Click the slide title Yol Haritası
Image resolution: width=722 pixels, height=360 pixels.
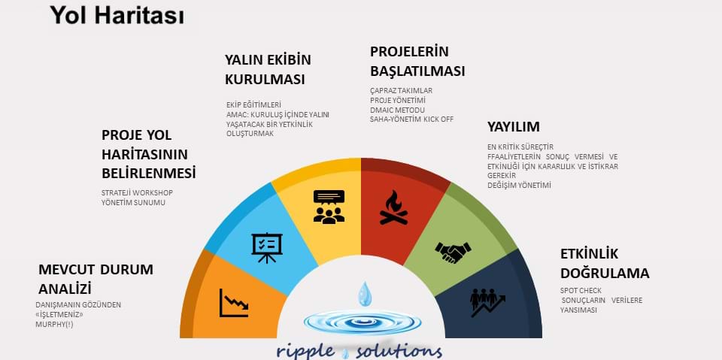pyautogui.click(x=117, y=16)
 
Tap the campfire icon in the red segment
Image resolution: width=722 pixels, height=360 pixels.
pyautogui.click(x=393, y=207)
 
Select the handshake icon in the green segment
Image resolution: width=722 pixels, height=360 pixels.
pyautogui.click(x=453, y=252)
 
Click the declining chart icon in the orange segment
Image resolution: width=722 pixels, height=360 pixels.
pyautogui.click(x=234, y=303)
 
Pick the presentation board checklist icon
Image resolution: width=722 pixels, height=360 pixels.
pyautogui.click(x=267, y=248)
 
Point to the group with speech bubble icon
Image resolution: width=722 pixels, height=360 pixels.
pyautogui.click(x=329, y=207)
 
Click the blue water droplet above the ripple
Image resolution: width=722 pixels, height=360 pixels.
pyautogui.click(x=365, y=294)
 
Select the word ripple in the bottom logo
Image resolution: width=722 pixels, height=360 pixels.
pyautogui.click(x=306, y=352)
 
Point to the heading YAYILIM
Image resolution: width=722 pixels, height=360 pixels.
pyautogui.click(x=514, y=126)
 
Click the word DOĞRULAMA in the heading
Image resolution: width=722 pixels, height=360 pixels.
pyautogui.click(x=605, y=273)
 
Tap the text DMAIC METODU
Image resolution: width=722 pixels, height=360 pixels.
pyautogui.click(x=397, y=110)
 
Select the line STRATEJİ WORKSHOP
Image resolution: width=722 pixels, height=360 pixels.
pyautogui.click(x=137, y=193)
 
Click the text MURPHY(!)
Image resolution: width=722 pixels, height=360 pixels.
pyautogui.click(x=54, y=324)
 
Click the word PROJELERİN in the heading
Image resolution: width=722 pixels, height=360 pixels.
pyautogui.click(x=409, y=52)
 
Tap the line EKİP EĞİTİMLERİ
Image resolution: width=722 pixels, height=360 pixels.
pyautogui.click(x=253, y=105)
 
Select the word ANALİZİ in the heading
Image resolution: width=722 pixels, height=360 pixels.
pyautogui.click(x=65, y=289)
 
